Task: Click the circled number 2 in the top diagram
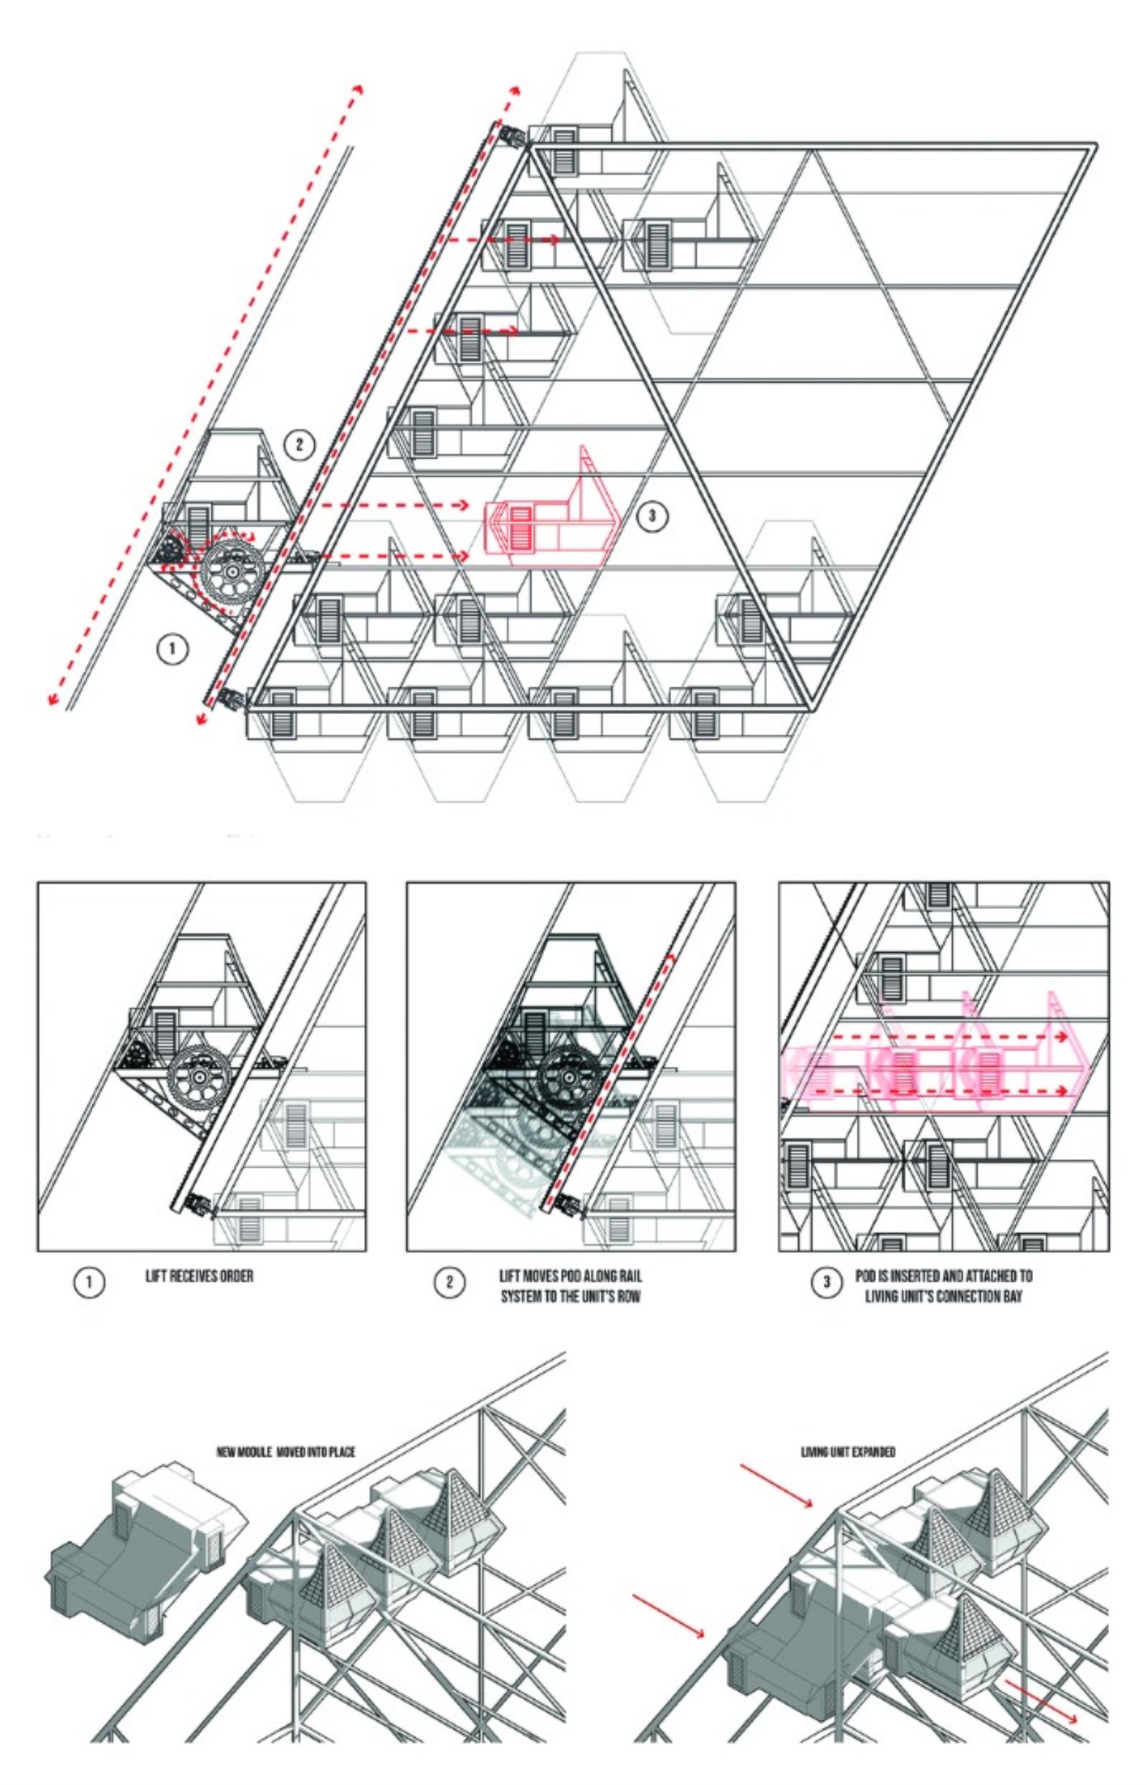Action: coord(300,445)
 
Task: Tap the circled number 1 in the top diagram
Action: coord(172,649)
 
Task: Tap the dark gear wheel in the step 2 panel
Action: coord(568,1077)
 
